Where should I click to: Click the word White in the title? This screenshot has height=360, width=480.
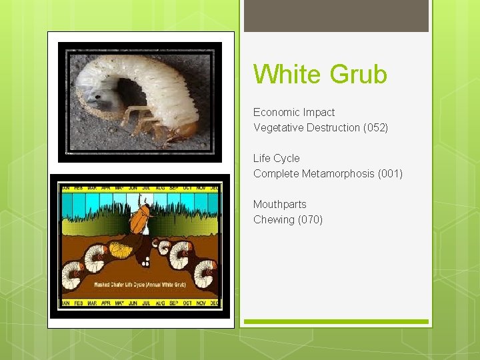(x=284, y=74)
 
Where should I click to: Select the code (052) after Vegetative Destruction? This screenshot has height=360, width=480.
(x=375, y=127)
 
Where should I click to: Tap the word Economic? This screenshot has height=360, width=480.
(x=275, y=112)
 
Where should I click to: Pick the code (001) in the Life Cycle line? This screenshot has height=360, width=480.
(x=390, y=173)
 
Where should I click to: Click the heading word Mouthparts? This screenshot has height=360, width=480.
(x=279, y=204)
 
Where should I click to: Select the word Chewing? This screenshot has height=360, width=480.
(x=273, y=219)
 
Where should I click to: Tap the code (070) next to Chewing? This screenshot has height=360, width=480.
(x=310, y=219)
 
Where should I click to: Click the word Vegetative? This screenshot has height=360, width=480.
(x=279, y=127)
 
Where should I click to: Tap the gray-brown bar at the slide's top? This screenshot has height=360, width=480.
(x=336, y=15)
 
